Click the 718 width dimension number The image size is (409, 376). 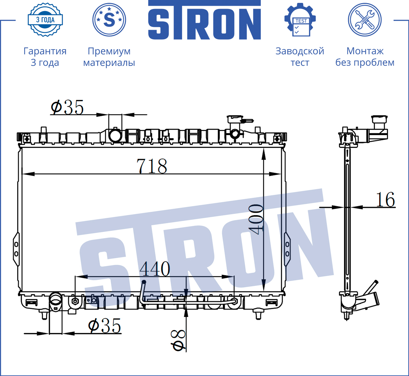tap(152, 166)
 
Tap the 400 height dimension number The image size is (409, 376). tap(256, 219)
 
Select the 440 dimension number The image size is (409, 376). tap(155, 269)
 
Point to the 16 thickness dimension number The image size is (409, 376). tap(385, 200)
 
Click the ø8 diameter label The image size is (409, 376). tap(178, 340)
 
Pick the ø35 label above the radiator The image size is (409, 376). tap(67, 107)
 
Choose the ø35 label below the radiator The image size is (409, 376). tap(104, 326)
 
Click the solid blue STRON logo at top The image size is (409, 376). tap(204, 20)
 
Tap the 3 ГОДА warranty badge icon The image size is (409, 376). tap(45, 20)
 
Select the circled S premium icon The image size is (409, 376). tap(109, 20)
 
